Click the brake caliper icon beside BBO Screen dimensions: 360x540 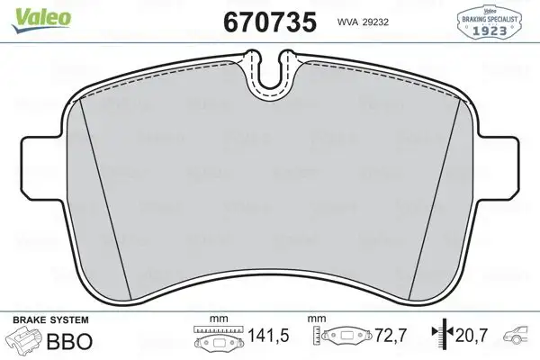click(x=24, y=341)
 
